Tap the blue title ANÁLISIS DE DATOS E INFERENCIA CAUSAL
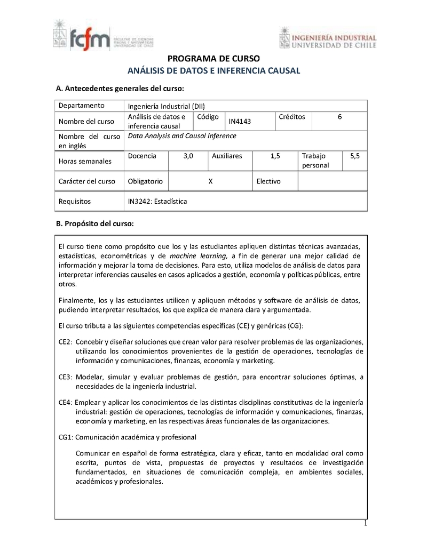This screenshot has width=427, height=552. pos(213,70)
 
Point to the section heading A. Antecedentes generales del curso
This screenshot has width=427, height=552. pos(120,88)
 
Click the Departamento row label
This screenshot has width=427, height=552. pos(81,105)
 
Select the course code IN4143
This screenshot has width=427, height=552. pos(240,122)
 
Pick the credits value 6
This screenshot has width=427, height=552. pos(339,117)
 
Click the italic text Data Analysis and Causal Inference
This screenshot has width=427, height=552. pos(182,136)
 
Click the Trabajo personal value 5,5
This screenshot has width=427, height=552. pos(355,156)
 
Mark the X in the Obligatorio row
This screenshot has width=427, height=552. pos(210,181)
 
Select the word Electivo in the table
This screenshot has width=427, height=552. pos(268,181)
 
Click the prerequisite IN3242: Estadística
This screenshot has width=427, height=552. pos(157,201)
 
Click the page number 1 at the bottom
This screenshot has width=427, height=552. pos(366,523)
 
